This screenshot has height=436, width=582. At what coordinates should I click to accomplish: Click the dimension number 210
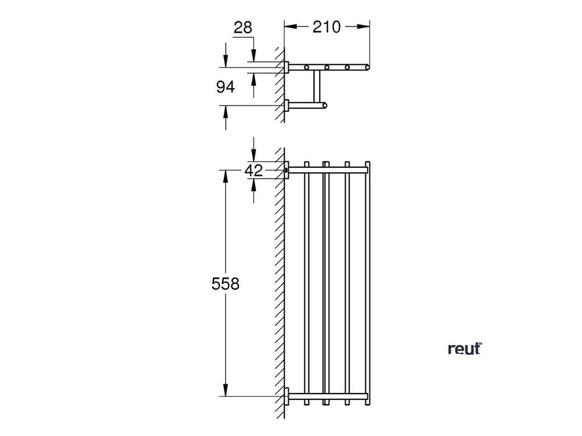[x=326, y=27]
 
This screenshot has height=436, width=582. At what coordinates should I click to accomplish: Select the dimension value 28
[x=243, y=27]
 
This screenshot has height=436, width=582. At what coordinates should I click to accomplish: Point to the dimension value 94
[x=226, y=87]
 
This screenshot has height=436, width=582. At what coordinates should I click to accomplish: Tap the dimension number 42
[x=254, y=170]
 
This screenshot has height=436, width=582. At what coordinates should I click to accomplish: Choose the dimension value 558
[x=226, y=283]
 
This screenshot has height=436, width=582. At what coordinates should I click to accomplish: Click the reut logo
[x=464, y=349]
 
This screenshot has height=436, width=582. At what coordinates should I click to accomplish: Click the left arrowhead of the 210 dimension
[x=288, y=26]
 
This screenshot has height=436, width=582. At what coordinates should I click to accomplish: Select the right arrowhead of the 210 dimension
[x=365, y=26]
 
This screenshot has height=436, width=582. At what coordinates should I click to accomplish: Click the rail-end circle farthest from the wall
[x=367, y=68]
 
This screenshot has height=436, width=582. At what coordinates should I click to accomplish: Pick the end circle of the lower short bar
[x=325, y=105]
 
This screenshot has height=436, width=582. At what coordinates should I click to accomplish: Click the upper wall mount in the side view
[x=287, y=67]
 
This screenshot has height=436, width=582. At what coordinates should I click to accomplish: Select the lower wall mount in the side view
[x=287, y=105]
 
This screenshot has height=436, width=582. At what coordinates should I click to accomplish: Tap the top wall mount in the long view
[x=287, y=169]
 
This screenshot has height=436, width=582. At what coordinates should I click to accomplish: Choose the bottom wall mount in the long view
[x=287, y=395]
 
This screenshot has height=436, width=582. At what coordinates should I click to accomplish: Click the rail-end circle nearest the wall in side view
[x=307, y=68]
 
